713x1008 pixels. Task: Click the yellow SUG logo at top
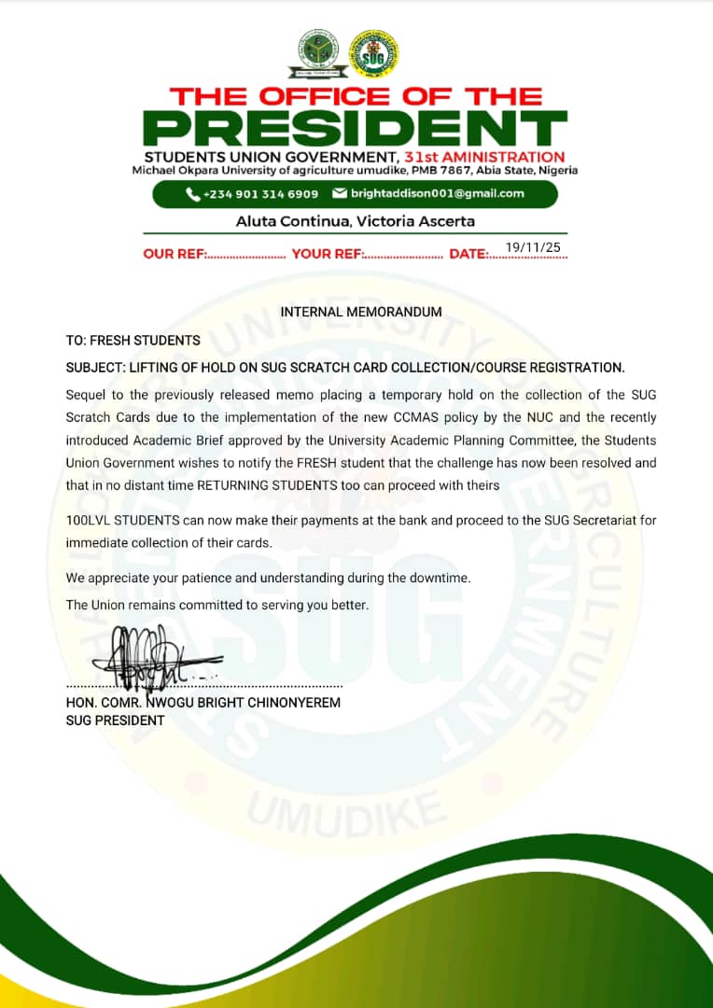pos(373,54)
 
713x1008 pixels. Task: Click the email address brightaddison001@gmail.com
pos(437,194)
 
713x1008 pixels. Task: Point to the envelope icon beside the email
pos(340,194)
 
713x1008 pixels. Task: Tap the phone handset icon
pos(192,194)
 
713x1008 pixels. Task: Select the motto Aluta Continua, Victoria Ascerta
pos(356,221)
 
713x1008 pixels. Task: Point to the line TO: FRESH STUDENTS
pos(133,341)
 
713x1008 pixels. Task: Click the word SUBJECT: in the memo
pos(96,367)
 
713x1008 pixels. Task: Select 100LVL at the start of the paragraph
pos(90,520)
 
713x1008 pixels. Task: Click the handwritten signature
pos(149,656)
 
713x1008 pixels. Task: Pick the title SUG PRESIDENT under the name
pos(115,721)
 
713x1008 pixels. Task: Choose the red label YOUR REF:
pos(327,254)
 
